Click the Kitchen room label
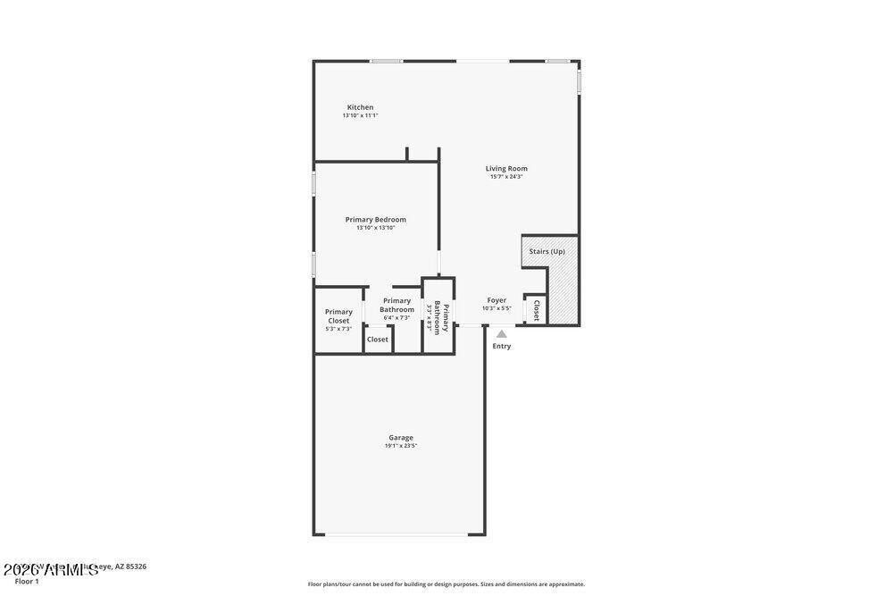pyautogui.click(x=360, y=107)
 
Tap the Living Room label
pyautogui.click(x=506, y=168)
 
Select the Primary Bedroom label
pyautogui.click(x=376, y=219)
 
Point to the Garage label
pyautogui.click(x=401, y=437)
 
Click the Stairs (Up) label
pyautogui.click(x=547, y=251)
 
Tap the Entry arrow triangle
pyautogui.click(x=502, y=334)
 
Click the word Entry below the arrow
pyautogui.click(x=502, y=346)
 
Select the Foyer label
pyautogui.click(x=497, y=300)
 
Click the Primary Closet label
pyautogui.click(x=338, y=316)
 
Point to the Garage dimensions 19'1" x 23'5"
pyautogui.click(x=401, y=446)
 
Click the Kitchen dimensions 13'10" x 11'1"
pyautogui.click(x=360, y=115)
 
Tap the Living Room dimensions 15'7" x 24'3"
pyautogui.click(x=506, y=177)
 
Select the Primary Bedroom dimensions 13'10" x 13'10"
pyautogui.click(x=376, y=228)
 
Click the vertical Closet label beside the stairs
pyautogui.click(x=536, y=309)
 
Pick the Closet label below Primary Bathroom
pyautogui.click(x=378, y=340)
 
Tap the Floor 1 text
pyautogui.click(x=27, y=582)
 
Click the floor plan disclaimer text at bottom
pyautogui.click(x=446, y=584)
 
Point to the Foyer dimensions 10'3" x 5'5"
pyautogui.click(x=497, y=308)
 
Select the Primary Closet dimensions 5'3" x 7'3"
pyautogui.click(x=338, y=329)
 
